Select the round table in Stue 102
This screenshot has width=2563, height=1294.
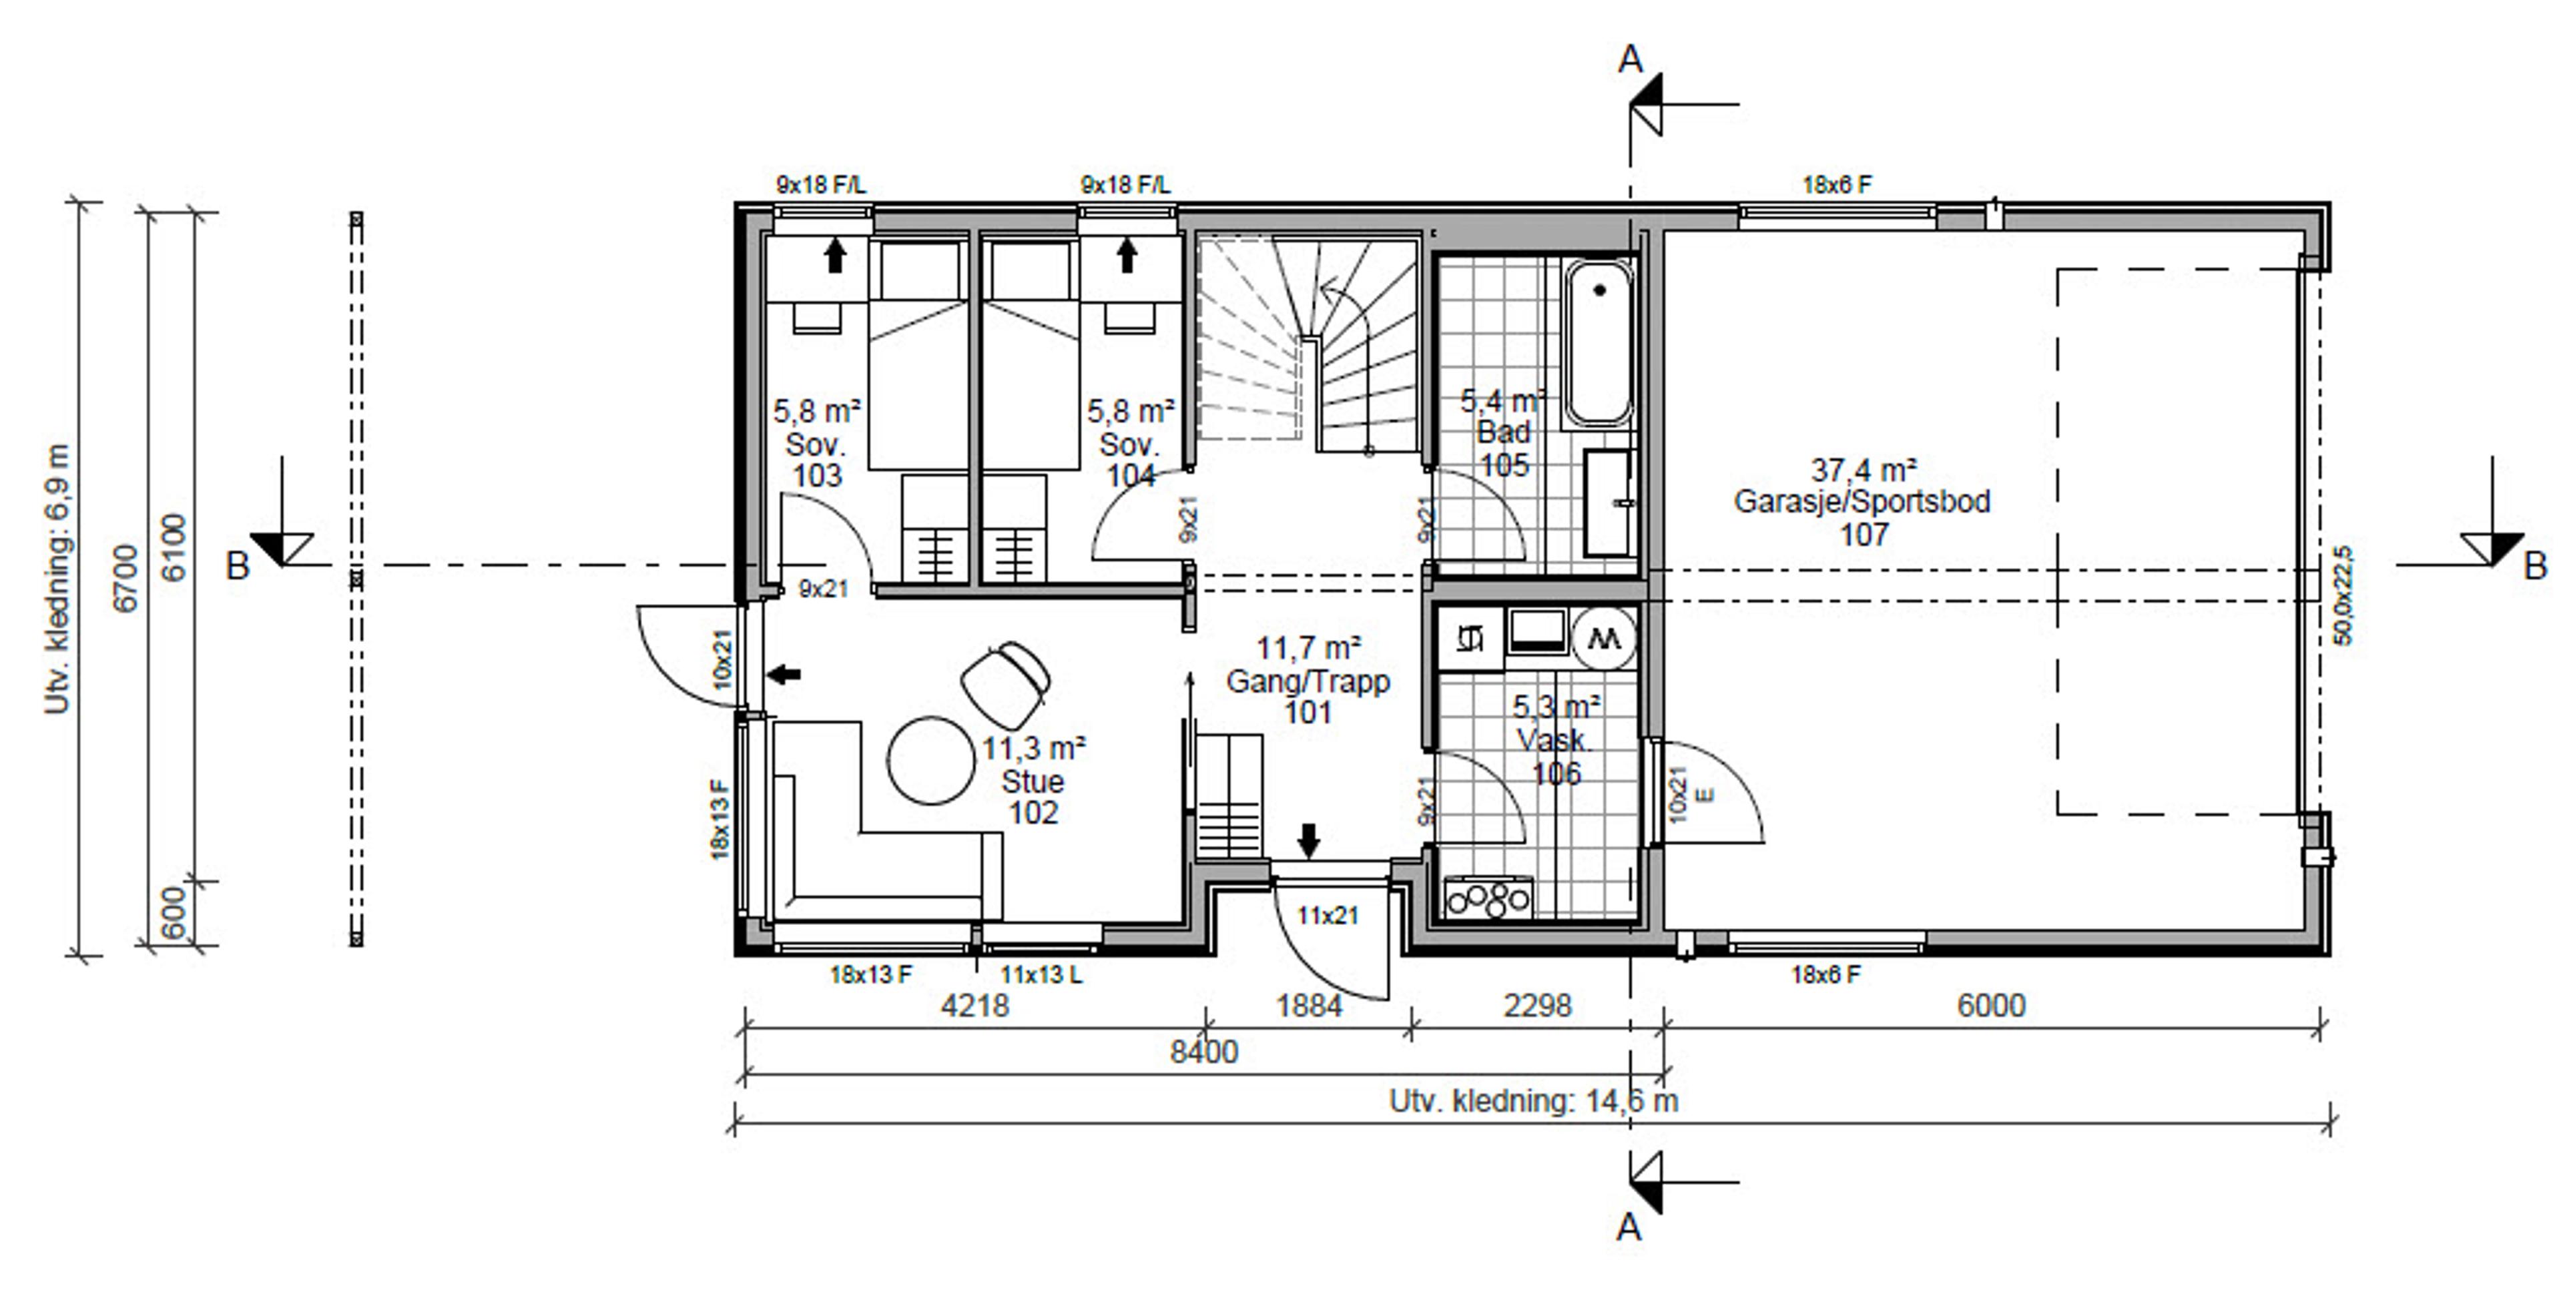click(x=931, y=760)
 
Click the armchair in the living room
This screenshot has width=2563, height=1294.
click(x=1005, y=682)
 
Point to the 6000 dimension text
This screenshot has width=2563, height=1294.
click(x=1991, y=1006)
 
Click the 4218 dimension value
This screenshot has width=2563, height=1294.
click(x=975, y=1006)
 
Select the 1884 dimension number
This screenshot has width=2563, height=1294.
click(x=1310, y=1006)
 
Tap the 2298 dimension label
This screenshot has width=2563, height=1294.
click(x=1537, y=1006)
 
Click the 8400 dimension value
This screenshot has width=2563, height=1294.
click(x=1204, y=1051)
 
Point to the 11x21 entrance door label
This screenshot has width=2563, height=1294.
click(x=1328, y=915)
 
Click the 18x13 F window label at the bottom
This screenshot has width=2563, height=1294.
click(x=870, y=975)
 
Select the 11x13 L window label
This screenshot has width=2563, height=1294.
click(x=1041, y=975)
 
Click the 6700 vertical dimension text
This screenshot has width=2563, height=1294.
click(x=126, y=578)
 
